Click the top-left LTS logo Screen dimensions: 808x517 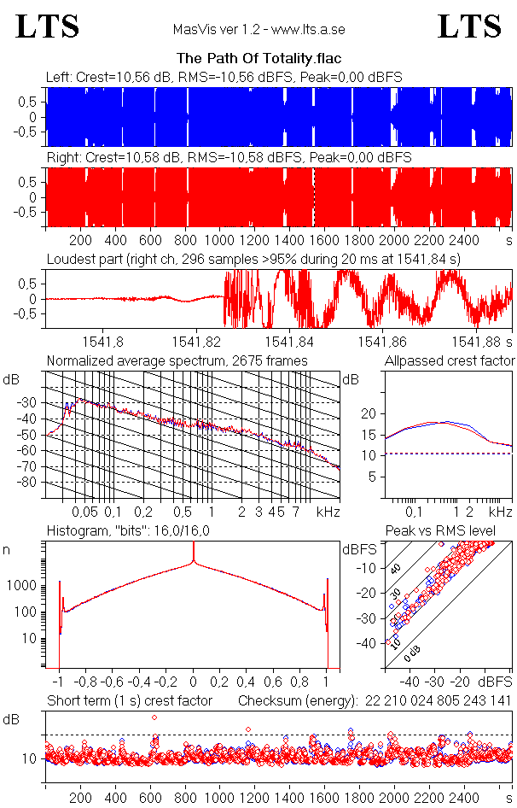(48, 27)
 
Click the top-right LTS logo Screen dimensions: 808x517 (469, 27)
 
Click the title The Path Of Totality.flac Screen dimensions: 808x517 (258, 59)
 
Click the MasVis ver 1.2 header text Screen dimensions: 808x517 (258, 29)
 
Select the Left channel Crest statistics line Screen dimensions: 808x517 (224, 78)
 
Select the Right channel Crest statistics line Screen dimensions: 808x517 (229, 159)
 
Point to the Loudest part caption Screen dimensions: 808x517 (253, 258)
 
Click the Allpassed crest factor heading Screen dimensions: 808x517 (450, 360)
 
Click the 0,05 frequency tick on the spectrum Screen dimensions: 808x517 (84, 512)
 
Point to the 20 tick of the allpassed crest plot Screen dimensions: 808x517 (369, 413)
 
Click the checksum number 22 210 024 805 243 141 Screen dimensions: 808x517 (438, 701)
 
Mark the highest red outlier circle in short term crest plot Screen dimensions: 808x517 (154, 717)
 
